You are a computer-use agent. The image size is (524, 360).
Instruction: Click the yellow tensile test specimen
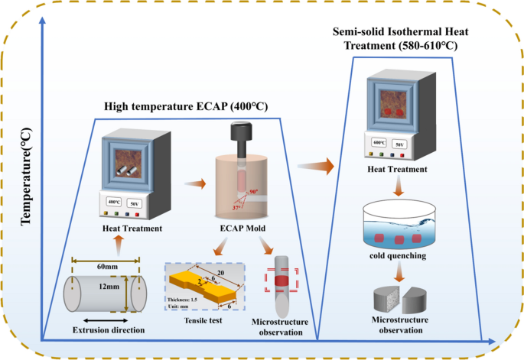pyautogui.click(x=204, y=288)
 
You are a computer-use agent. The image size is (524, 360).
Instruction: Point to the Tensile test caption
pyautogui.click(x=200, y=321)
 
